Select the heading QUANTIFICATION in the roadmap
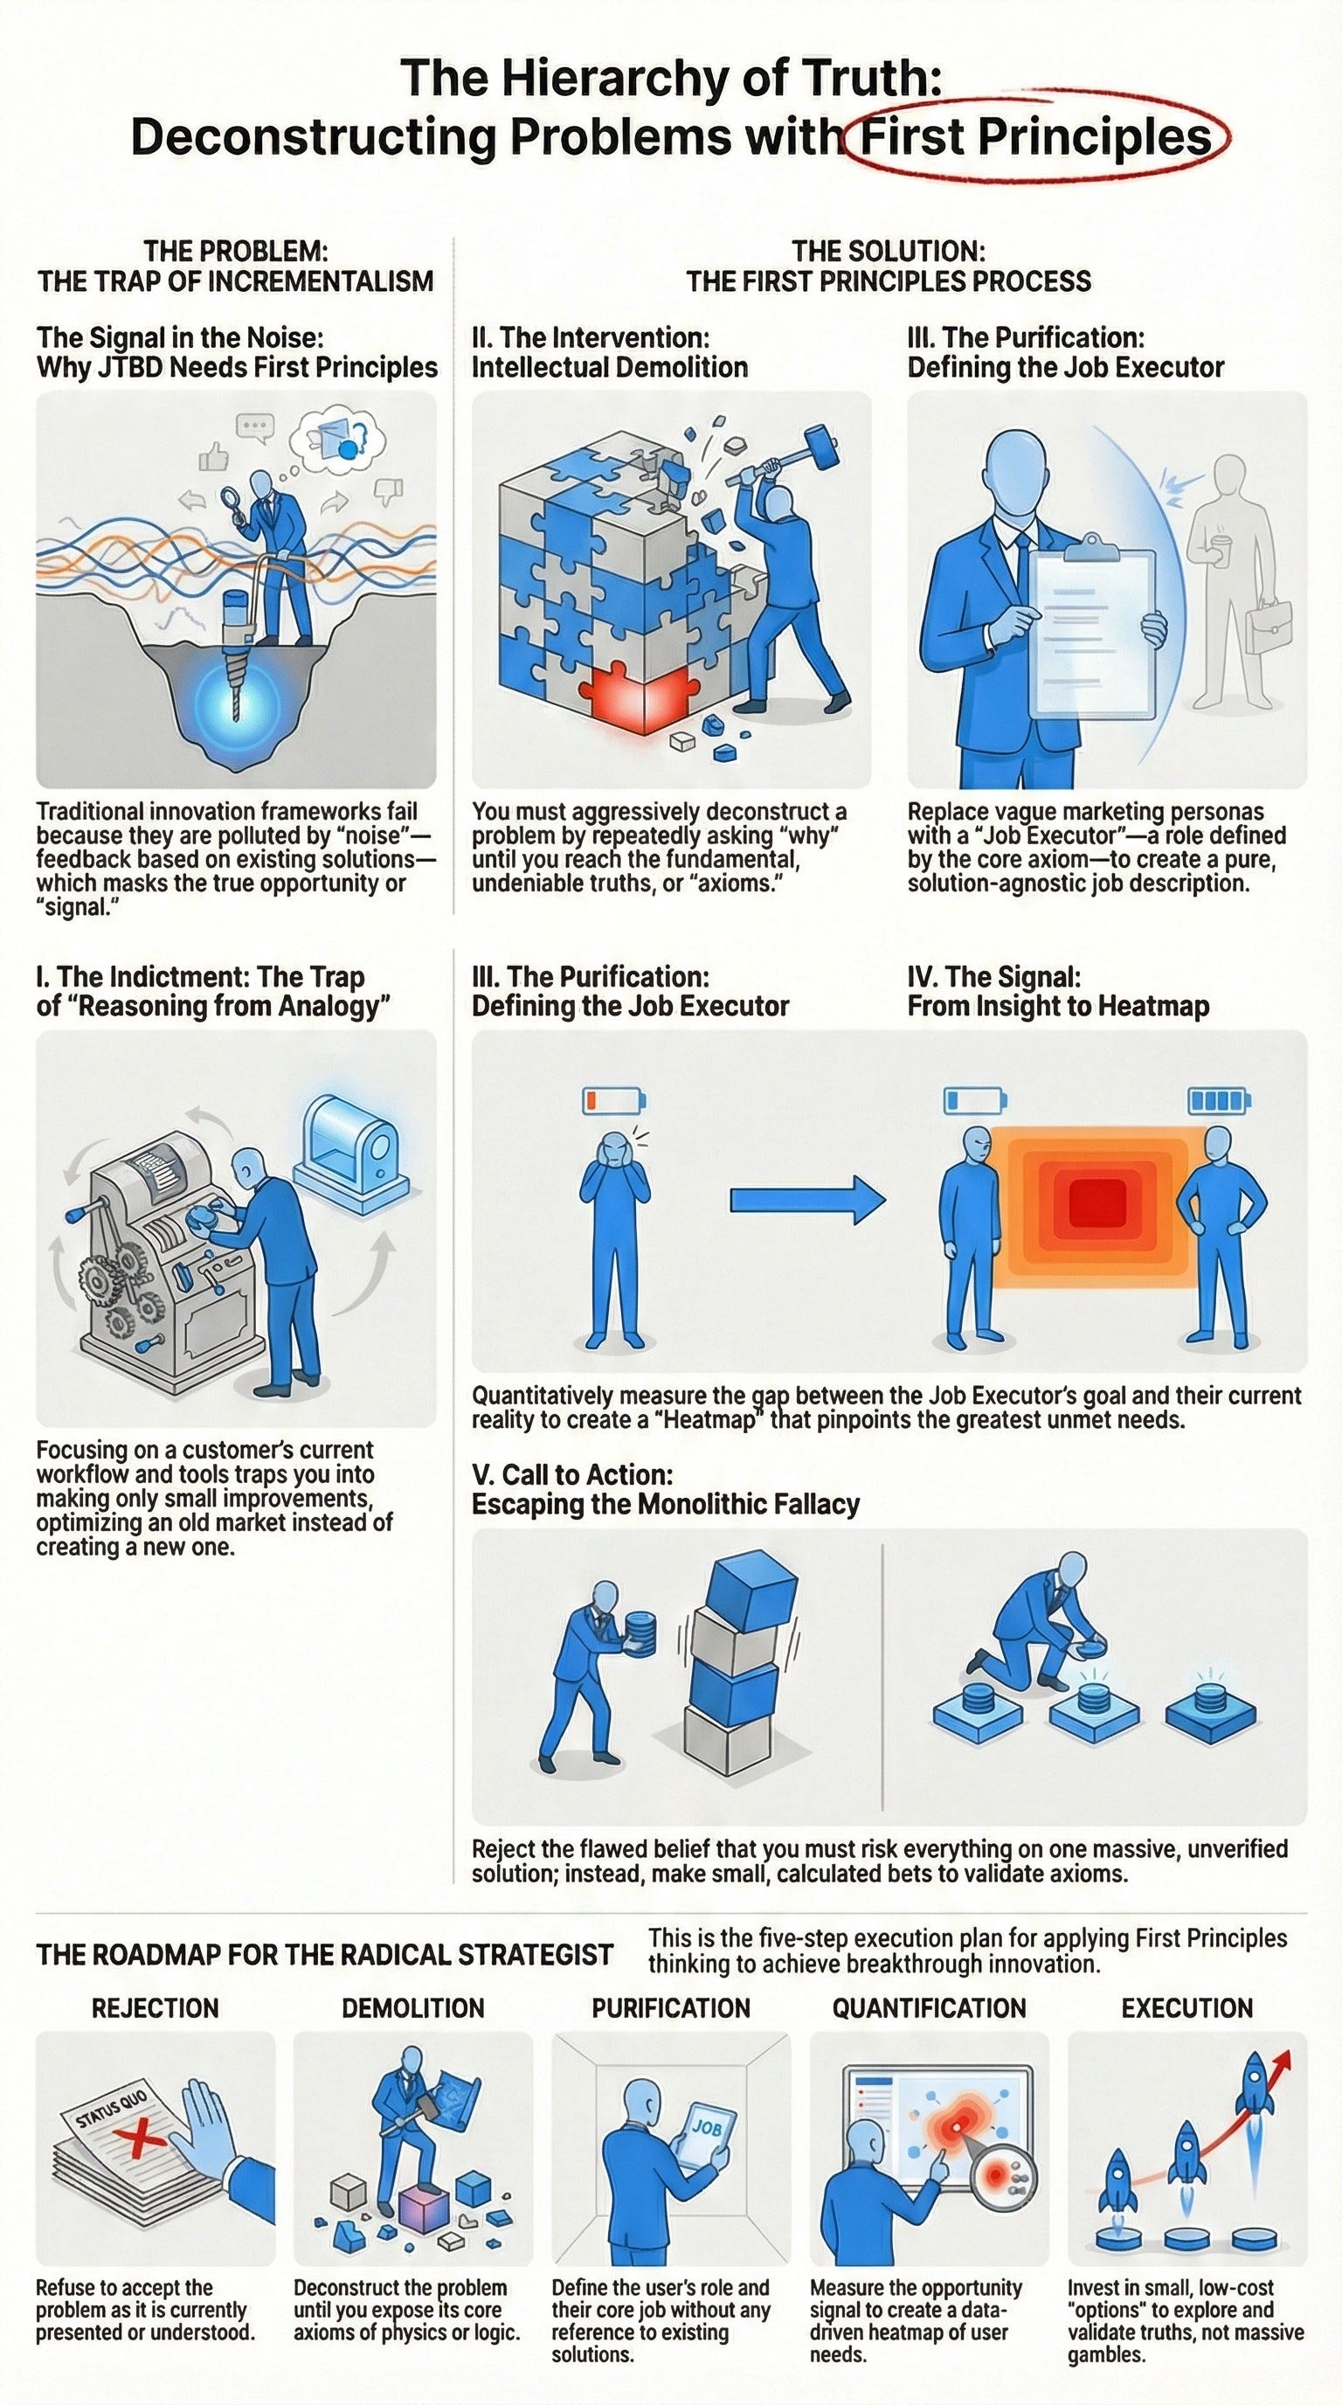point(929,2008)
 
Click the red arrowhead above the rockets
point(1283,2062)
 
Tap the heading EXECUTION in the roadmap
point(1187,2008)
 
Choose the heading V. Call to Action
point(571,1474)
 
